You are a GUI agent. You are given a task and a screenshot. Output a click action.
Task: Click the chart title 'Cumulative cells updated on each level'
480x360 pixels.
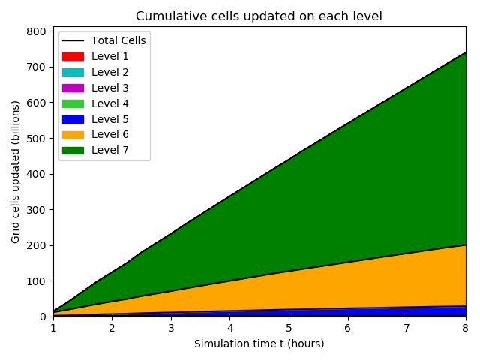(x=259, y=16)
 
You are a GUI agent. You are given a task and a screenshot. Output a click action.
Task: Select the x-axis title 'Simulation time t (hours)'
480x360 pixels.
(x=259, y=343)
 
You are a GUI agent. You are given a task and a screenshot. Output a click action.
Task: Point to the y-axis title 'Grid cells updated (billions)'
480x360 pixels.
(x=16, y=172)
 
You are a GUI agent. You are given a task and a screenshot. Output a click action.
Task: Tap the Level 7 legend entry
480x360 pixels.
(x=110, y=150)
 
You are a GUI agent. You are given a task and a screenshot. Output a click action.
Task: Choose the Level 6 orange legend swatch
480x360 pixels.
(x=73, y=134)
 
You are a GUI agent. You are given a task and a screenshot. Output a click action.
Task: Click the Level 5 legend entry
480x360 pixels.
(x=110, y=118)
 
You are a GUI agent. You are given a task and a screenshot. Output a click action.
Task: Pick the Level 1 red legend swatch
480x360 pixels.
(x=73, y=56)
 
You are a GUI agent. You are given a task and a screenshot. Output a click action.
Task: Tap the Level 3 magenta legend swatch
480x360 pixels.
(x=73, y=88)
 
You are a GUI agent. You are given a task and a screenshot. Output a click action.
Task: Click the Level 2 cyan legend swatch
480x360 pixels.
(x=73, y=72)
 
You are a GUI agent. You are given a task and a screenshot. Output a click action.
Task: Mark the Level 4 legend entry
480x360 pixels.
(x=110, y=103)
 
